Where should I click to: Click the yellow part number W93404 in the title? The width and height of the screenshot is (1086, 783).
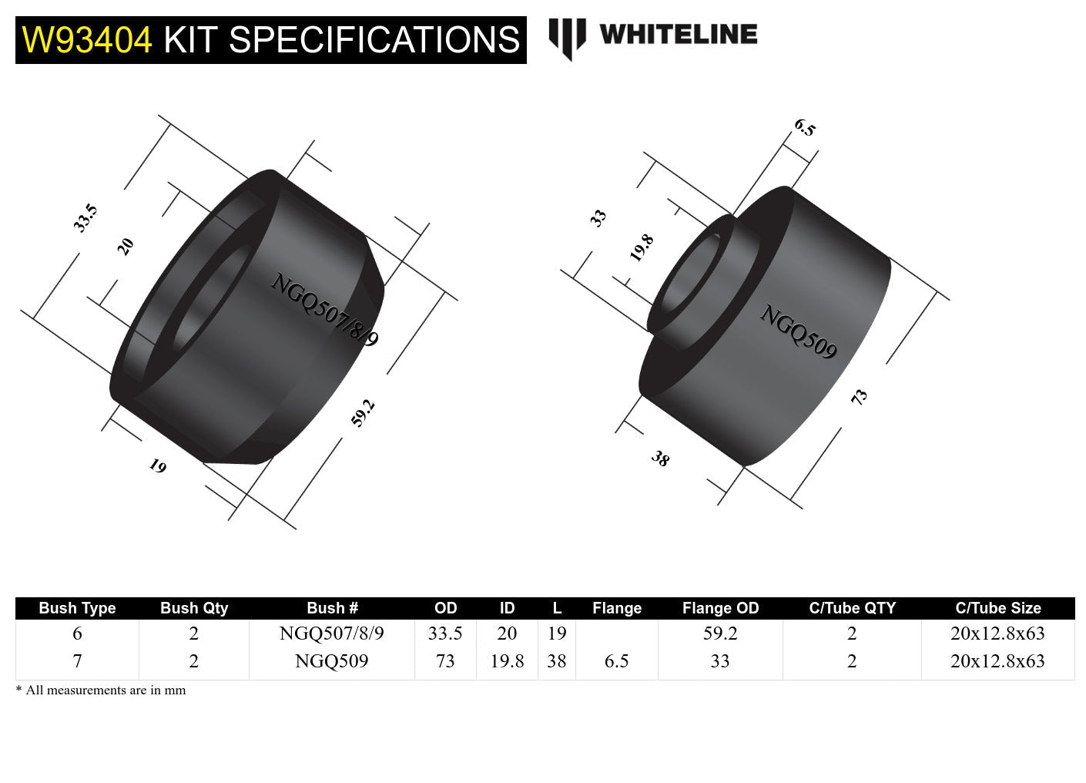point(87,40)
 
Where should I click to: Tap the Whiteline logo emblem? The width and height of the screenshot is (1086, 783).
point(567,38)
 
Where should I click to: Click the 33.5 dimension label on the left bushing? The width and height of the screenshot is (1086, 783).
point(85,218)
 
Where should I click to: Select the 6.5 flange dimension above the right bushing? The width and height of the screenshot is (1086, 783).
point(804,128)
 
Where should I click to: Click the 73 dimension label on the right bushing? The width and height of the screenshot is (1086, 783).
point(859,396)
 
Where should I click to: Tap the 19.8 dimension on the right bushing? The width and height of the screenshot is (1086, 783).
point(641,247)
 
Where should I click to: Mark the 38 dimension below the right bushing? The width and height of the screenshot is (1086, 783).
point(660,459)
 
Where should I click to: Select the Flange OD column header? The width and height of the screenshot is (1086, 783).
point(720,608)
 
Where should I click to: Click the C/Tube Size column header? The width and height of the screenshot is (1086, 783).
point(997,608)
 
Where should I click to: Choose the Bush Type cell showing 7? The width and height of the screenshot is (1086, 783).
point(77,661)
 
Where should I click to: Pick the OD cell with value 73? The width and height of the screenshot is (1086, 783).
point(445,661)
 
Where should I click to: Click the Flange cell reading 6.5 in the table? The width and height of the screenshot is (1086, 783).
point(616,661)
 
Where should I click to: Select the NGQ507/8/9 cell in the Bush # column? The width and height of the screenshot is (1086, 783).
point(331,633)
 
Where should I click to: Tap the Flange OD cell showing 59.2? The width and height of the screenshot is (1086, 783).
point(720,633)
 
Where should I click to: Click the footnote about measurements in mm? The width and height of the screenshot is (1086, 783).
point(101,691)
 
